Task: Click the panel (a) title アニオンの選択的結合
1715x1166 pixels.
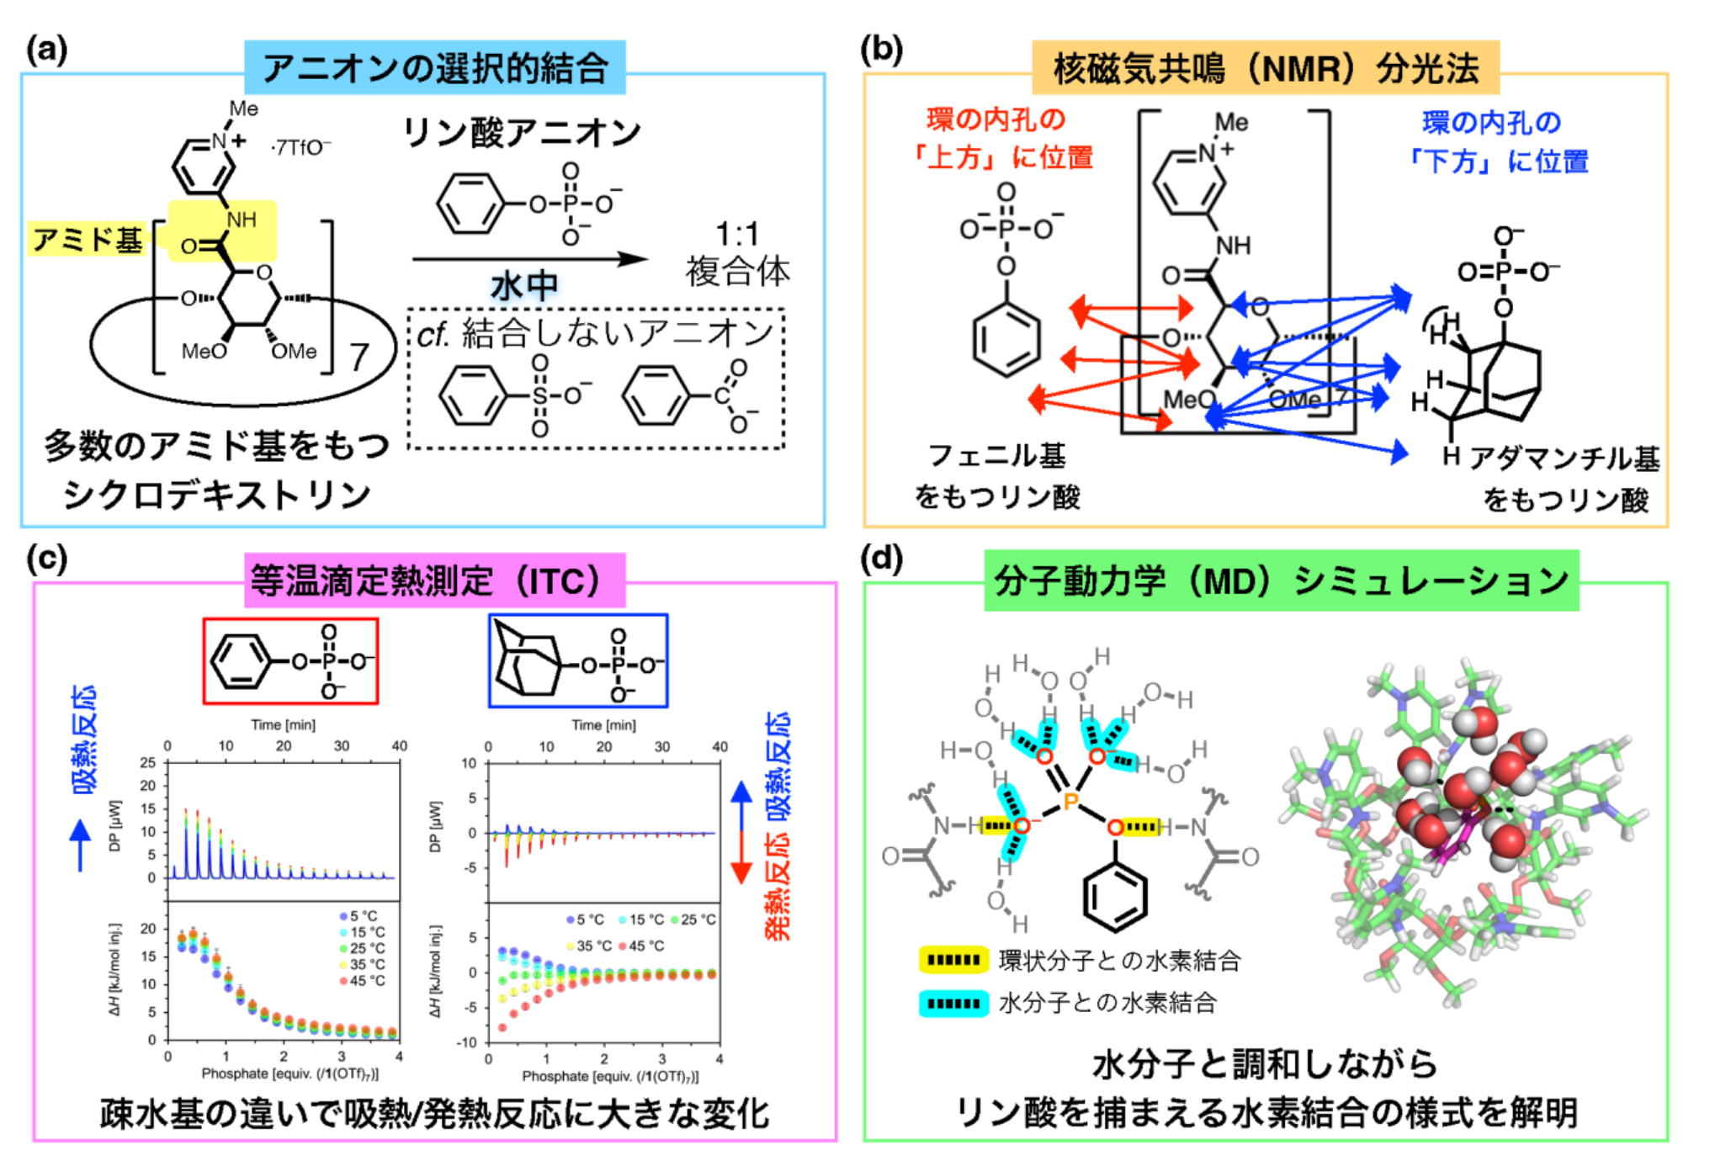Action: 434,67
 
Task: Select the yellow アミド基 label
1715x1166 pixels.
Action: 87,240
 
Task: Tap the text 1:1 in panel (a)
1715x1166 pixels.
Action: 737,234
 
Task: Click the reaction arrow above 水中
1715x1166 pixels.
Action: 530,259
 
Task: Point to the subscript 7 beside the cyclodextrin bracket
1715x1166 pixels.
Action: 359,358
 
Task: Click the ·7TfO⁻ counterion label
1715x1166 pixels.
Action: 300,147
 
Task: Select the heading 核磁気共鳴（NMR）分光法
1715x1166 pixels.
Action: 1266,67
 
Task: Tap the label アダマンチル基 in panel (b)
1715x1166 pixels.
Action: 1564,458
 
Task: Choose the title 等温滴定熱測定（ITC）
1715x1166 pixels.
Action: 434,580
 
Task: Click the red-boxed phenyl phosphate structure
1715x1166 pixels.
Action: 290,661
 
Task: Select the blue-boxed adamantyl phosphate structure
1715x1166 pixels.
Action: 578,661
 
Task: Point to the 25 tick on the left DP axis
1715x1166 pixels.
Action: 148,763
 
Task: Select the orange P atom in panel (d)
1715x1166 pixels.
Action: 1070,800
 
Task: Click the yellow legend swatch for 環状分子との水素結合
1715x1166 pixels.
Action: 953,960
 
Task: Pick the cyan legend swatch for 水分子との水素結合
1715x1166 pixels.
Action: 953,1003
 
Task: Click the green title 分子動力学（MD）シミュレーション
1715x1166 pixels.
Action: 1281,580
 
